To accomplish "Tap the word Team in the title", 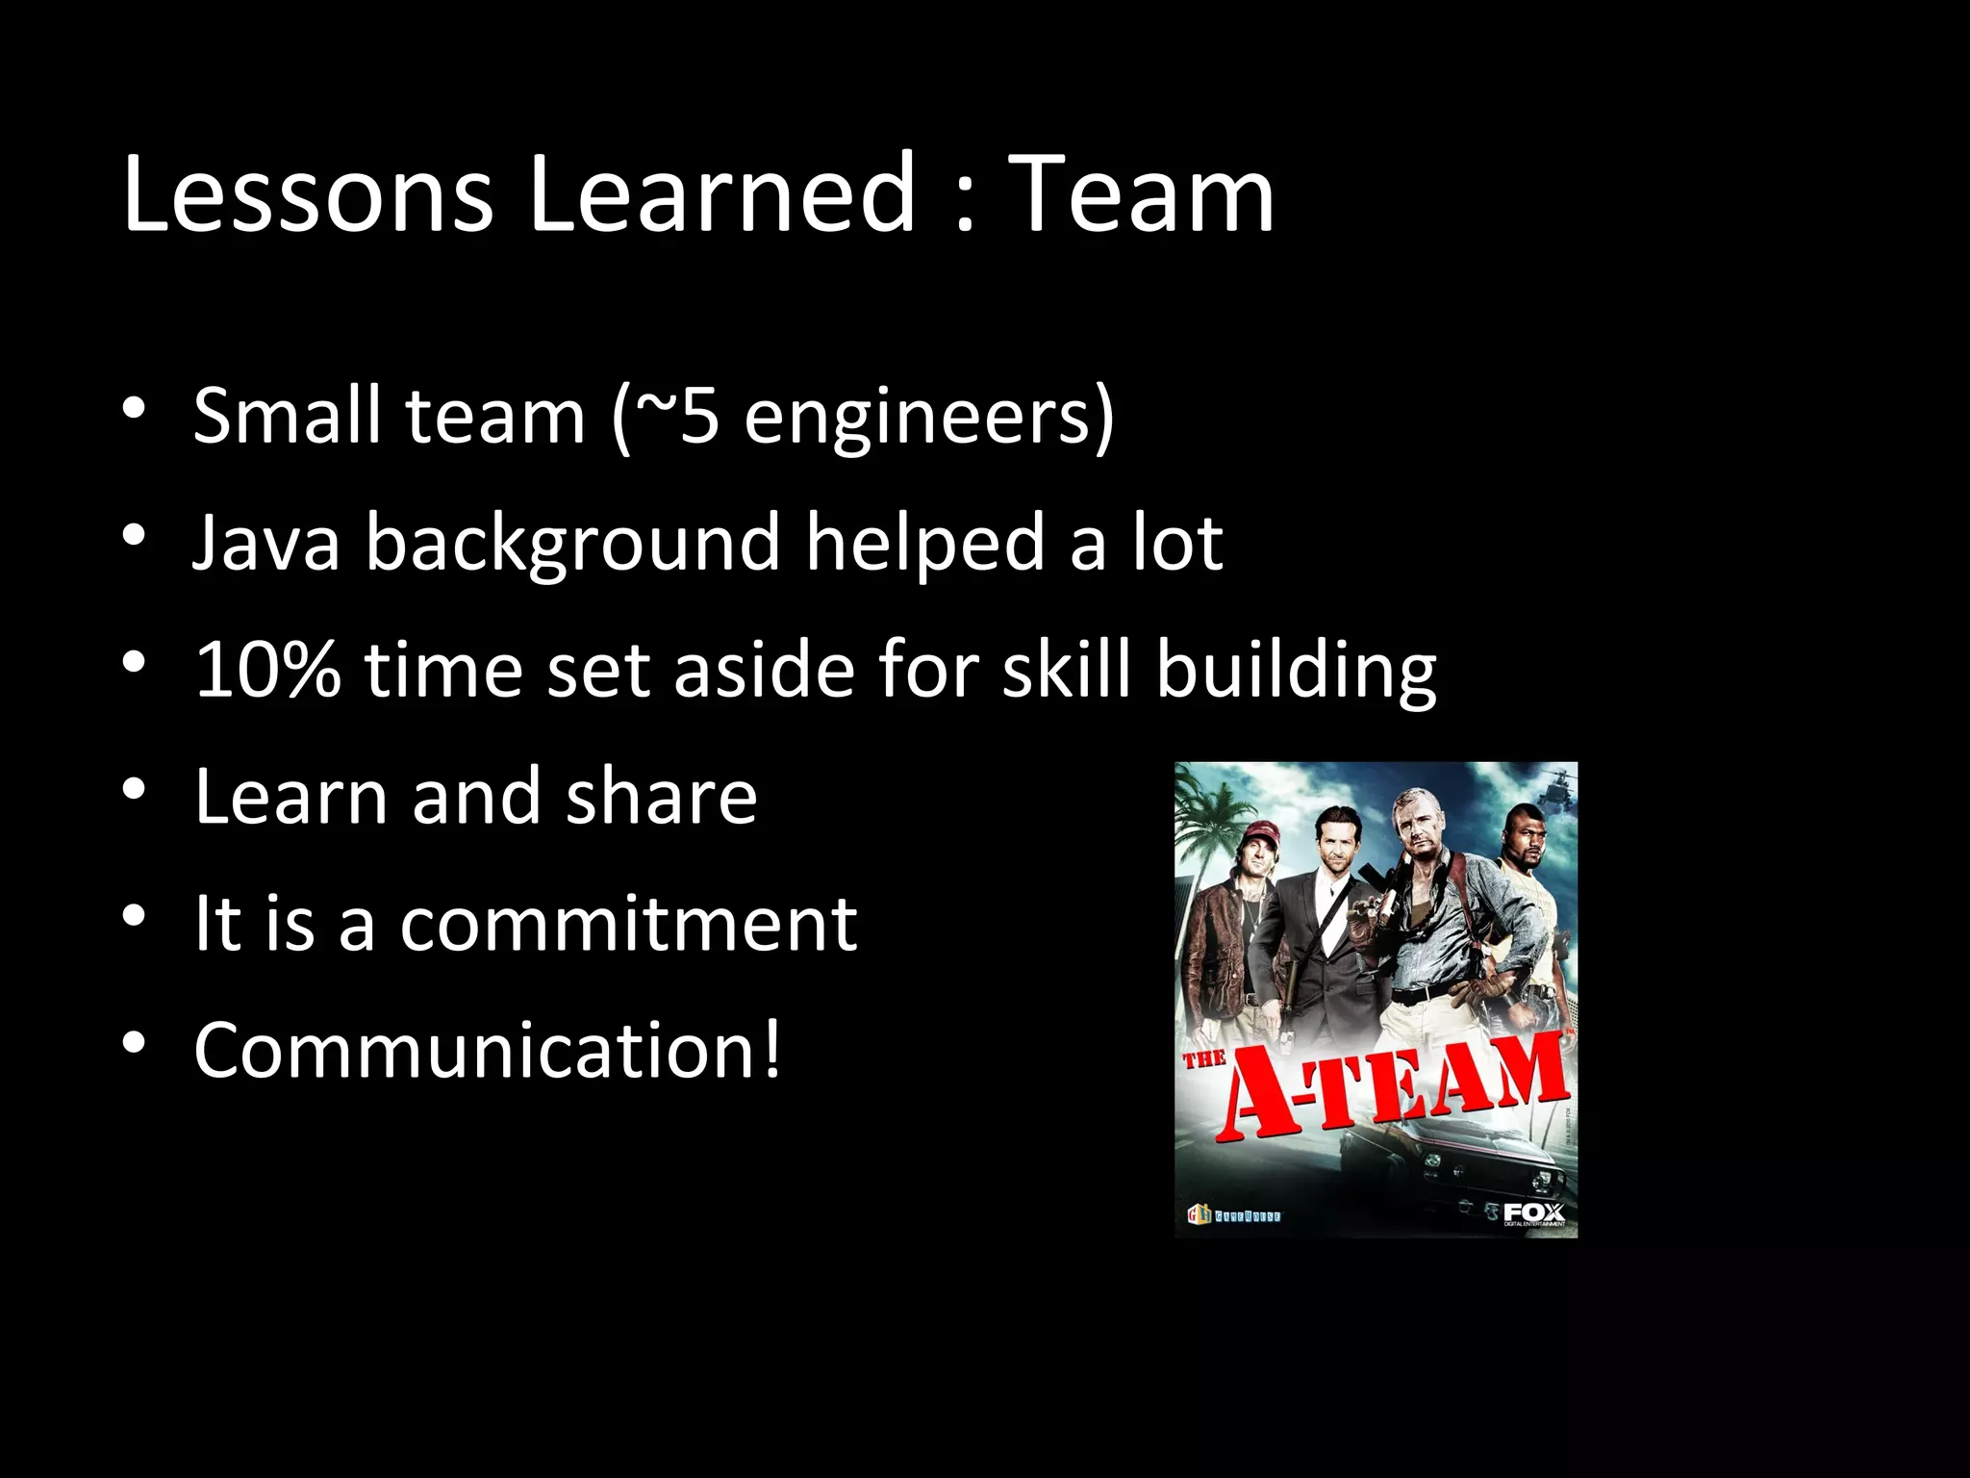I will point(1145,194).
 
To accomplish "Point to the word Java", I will point(266,543).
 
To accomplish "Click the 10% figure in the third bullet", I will point(266,670).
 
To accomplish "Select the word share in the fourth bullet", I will point(661,797).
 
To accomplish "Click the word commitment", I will point(627,924).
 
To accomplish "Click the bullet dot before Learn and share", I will point(134,791).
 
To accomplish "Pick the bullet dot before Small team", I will point(134,410).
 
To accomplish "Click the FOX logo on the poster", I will point(1533,1211).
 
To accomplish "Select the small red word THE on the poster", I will point(1202,1059).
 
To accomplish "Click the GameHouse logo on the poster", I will point(1235,1216).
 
